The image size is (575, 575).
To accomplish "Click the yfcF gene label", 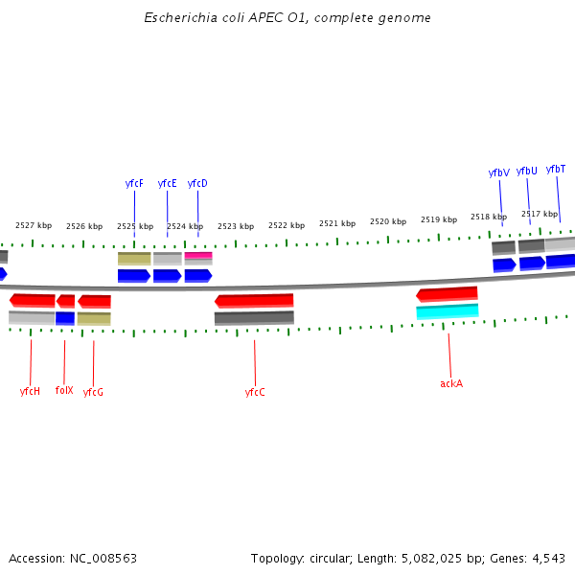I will (x=134, y=183).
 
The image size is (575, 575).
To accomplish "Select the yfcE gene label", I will (x=167, y=183).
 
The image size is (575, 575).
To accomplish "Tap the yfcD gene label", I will (x=197, y=183).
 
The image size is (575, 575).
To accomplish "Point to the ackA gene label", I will (x=451, y=383).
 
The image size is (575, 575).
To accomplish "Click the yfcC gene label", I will (x=255, y=392).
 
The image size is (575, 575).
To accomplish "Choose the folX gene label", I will (x=64, y=390).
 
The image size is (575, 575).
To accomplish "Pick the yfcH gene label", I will (x=30, y=391).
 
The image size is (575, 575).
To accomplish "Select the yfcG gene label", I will (x=93, y=392).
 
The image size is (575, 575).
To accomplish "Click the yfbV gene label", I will (x=498, y=172).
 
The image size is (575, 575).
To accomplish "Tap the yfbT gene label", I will (x=556, y=169).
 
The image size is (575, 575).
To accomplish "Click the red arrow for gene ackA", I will (x=447, y=294).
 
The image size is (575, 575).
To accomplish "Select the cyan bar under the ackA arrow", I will (x=447, y=311).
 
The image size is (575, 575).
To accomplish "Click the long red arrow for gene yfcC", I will (x=254, y=301).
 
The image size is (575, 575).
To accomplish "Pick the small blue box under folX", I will (x=65, y=318).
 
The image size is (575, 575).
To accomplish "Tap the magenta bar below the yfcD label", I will (x=198, y=255).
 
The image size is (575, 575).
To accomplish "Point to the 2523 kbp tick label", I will (x=236, y=226).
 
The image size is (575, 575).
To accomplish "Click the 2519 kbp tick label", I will (x=438, y=219).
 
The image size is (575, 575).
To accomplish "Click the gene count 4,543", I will (x=549, y=558).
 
